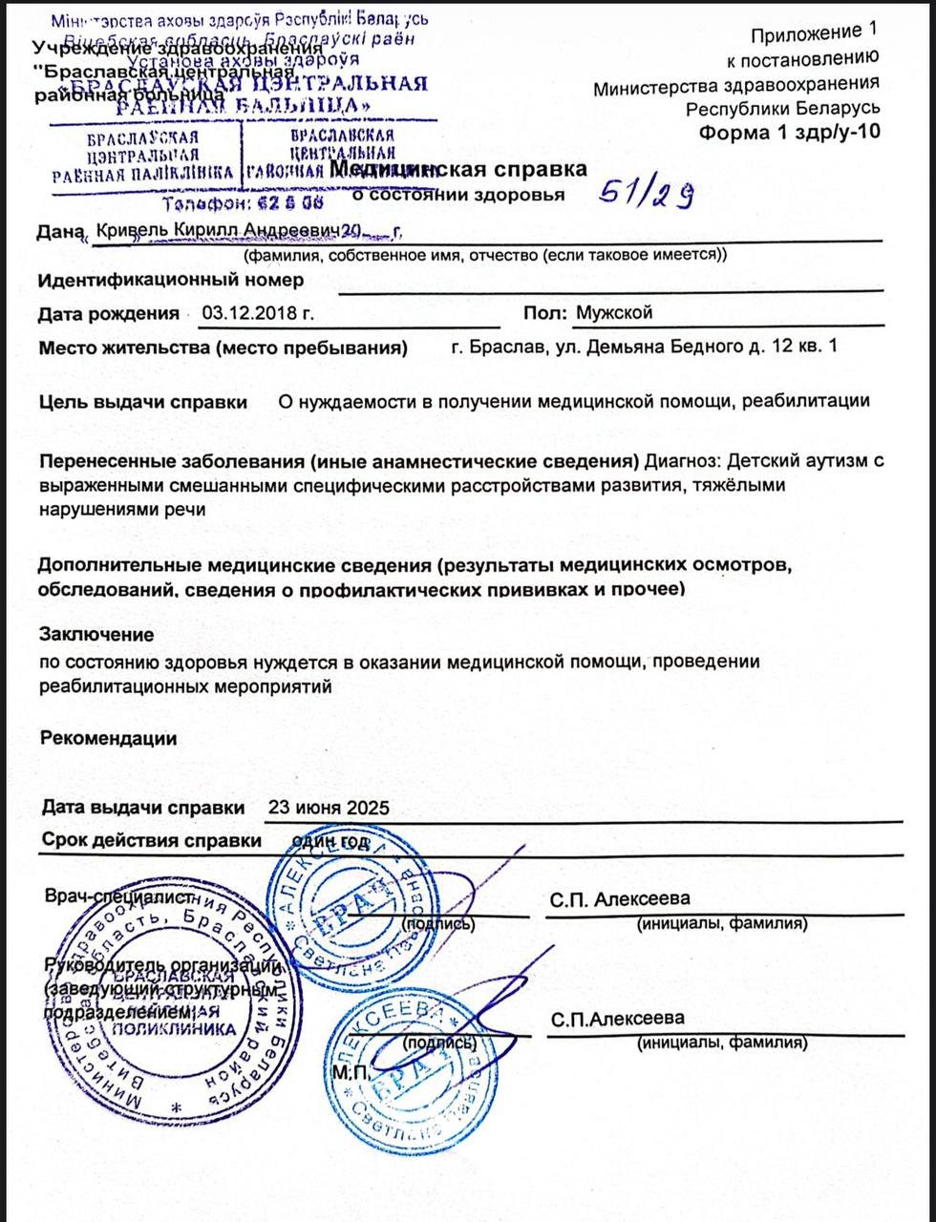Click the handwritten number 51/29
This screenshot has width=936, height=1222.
click(x=646, y=196)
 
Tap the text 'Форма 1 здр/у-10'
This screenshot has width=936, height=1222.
click(x=789, y=132)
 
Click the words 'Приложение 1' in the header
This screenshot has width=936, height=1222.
click(x=812, y=35)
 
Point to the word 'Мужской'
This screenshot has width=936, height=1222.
click(x=614, y=313)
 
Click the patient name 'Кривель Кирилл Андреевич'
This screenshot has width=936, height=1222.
click(x=219, y=231)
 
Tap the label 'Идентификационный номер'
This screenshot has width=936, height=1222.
click(x=171, y=280)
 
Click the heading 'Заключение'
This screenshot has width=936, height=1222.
click(x=96, y=634)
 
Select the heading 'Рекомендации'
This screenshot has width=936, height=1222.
click(x=109, y=738)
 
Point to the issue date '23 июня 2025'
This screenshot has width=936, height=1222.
click(x=329, y=808)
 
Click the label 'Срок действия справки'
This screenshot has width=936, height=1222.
click(x=151, y=841)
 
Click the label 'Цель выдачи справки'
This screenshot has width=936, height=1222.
click(x=142, y=402)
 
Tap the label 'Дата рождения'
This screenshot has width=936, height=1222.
click(x=108, y=313)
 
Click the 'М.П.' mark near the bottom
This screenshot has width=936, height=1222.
click(x=348, y=1073)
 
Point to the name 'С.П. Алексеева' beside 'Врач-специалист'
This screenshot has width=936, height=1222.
click(x=620, y=899)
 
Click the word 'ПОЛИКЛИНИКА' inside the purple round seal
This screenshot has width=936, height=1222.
click(x=175, y=1029)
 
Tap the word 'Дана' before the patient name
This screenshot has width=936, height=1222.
click(x=59, y=231)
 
